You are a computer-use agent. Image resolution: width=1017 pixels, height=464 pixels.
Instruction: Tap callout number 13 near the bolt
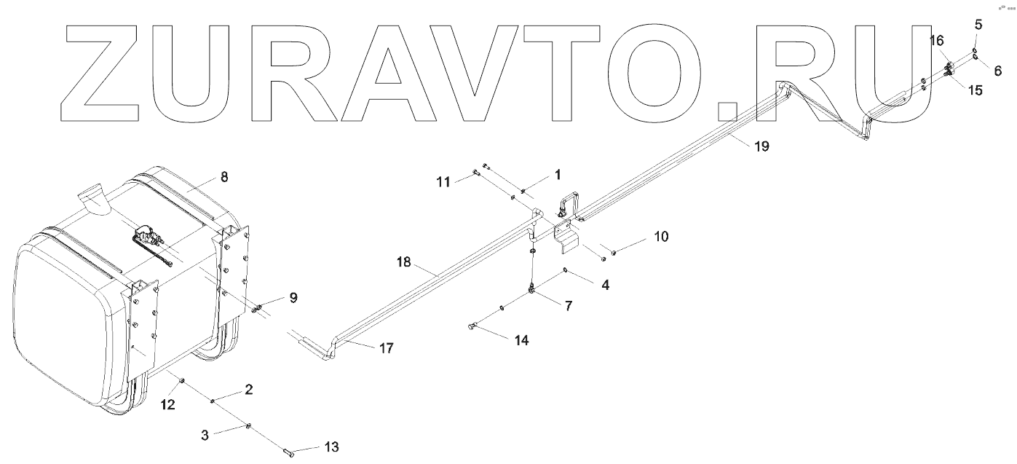point(331,447)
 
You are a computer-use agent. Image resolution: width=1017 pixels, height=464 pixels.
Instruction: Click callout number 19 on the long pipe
point(761,146)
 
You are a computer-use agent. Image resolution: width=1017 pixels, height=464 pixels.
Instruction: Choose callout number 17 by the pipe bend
point(386,349)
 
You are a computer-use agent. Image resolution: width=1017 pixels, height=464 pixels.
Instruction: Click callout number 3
point(205,435)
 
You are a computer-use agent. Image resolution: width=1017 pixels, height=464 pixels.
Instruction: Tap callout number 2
point(248,390)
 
